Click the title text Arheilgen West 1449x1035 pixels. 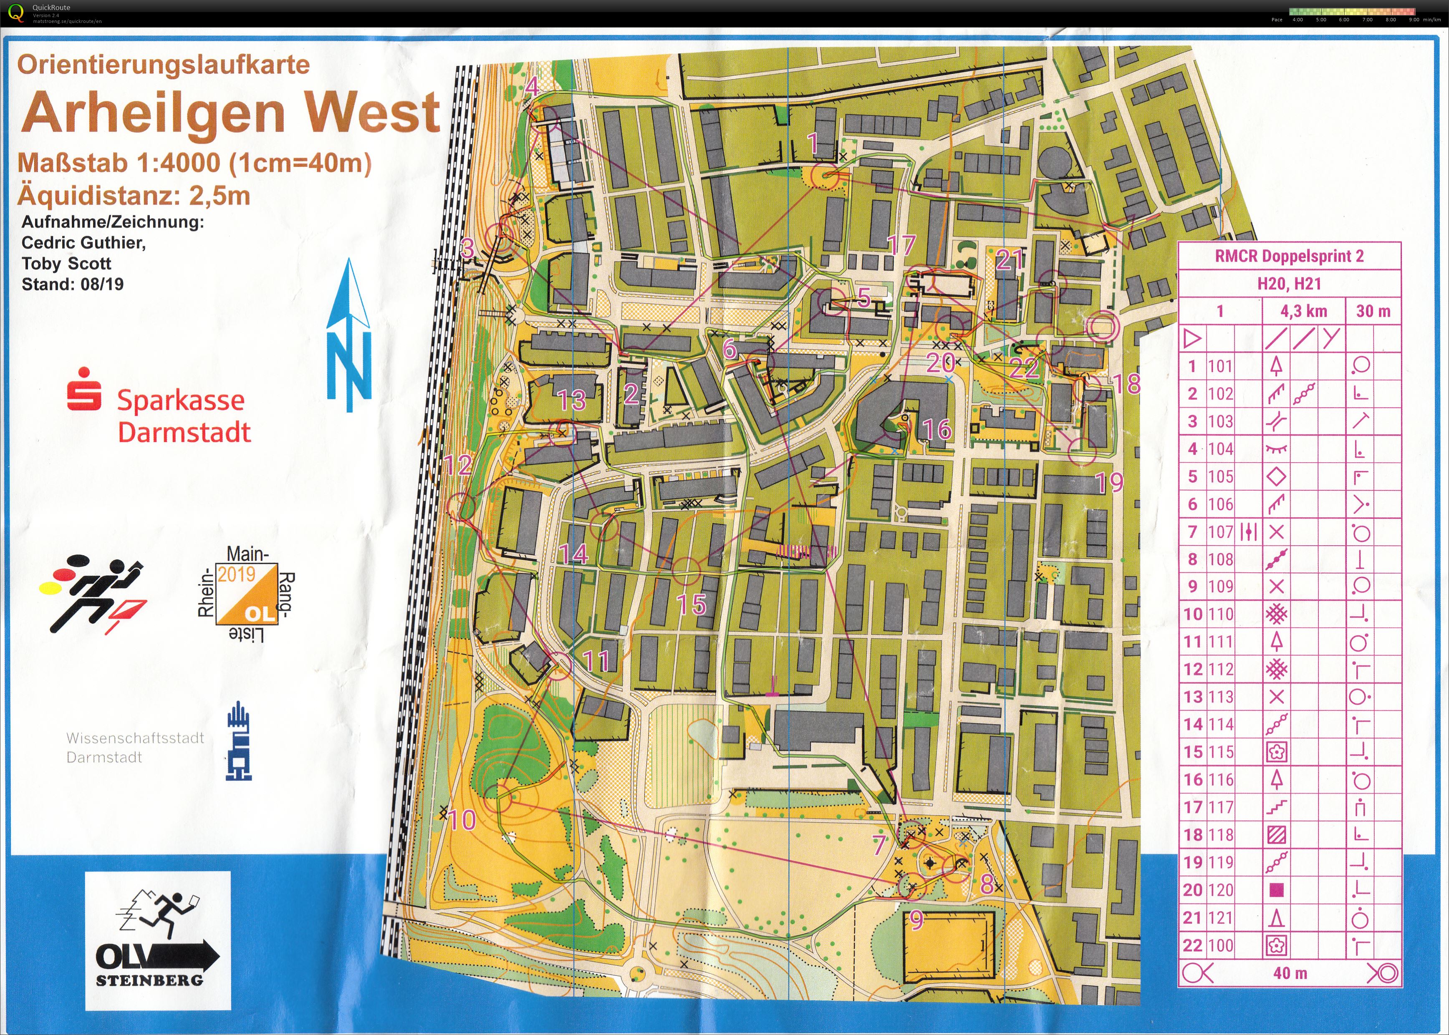(231, 112)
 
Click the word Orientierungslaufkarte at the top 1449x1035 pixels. (163, 64)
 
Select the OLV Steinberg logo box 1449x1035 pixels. (158, 941)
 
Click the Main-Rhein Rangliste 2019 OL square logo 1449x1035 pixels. (246, 594)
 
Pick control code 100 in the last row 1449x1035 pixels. (1220, 945)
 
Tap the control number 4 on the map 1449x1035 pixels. (532, 86)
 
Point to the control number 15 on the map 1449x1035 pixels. (691, 604)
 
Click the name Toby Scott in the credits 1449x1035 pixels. (66, 263)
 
